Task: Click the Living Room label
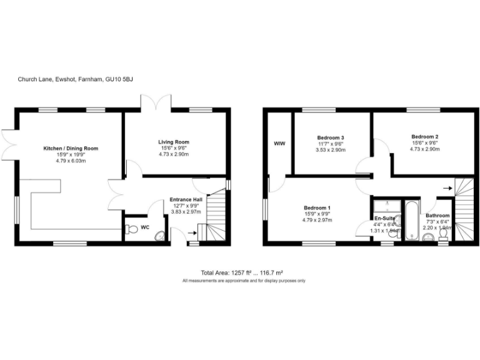(173, 142)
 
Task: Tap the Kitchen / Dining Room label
(71, 148)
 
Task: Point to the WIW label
(279, 144)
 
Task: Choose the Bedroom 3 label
(330, 137)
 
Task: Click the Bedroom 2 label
(424, 137)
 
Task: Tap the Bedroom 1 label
(317, 208)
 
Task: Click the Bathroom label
(437, 216)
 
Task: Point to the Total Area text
(242, 273)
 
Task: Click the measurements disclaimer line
(244, 281)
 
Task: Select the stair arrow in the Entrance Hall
(192, 234)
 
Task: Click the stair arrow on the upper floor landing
(447, 187)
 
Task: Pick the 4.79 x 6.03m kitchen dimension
(71, 161)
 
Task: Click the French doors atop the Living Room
(156, 102)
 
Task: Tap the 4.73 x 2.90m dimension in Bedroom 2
(424, 149)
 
